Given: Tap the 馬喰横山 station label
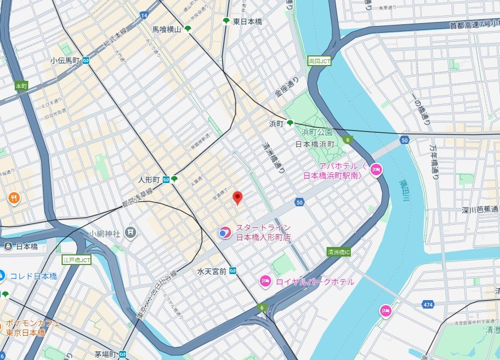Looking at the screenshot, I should [167, 29].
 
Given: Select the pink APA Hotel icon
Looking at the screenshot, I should [376, 169].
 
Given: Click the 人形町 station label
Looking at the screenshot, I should [150, 180].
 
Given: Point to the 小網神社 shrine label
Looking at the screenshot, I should [106, 232].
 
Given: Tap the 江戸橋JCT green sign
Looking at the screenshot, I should [76, 260].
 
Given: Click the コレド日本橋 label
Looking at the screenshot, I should [33, 276].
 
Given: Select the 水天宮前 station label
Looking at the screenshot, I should [212, 271].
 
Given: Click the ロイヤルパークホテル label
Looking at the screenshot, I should [315, 281].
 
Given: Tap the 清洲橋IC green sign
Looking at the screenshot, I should [339, 252].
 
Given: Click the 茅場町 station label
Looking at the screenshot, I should [105, 354].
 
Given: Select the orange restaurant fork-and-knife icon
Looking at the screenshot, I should [14, 198].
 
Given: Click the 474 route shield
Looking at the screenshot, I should [428, 305].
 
